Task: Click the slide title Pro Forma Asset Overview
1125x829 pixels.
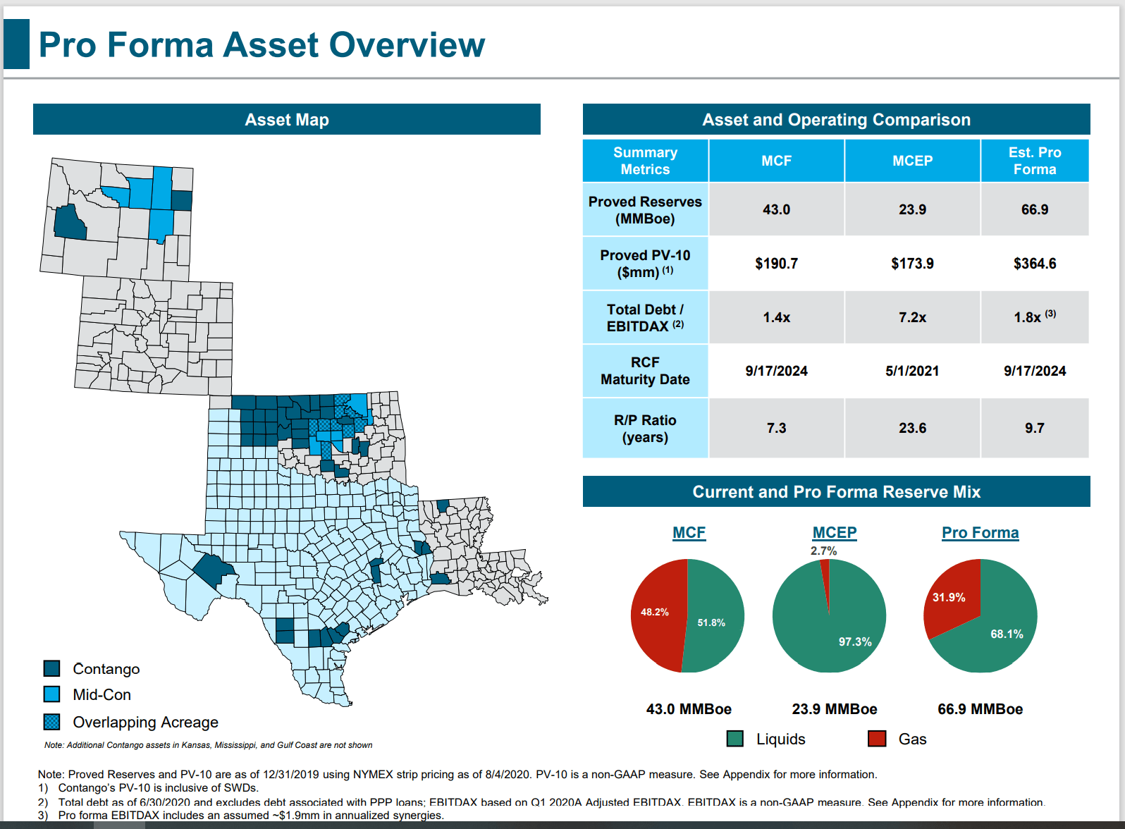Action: coord(262,45)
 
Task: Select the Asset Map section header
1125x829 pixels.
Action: coord(286,120)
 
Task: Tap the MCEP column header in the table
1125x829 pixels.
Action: coord(912,161)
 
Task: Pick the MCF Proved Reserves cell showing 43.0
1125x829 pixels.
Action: coord(776,210)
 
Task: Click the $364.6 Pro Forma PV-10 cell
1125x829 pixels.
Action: coord(1034,264)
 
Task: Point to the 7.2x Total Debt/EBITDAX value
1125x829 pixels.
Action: coord(912,318)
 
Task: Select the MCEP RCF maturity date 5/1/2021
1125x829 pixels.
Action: coord(912,371)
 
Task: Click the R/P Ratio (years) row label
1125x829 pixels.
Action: coord(645,429)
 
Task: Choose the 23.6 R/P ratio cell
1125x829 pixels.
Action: coord(912,429)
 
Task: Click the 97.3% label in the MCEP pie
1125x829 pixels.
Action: coord(854,641)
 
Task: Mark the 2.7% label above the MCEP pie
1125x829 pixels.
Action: coord(823,551)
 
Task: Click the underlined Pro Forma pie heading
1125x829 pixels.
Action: coord(980,533)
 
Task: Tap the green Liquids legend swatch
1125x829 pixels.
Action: coord(734,739)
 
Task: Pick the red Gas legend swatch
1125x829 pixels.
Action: coord(877,739)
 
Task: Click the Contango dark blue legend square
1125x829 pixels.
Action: coord(51,668)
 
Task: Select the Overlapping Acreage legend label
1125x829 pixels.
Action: coord(145,723)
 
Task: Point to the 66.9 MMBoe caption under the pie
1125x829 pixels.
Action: coord(980,709)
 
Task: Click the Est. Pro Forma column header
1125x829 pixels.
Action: coord(1034,161)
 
